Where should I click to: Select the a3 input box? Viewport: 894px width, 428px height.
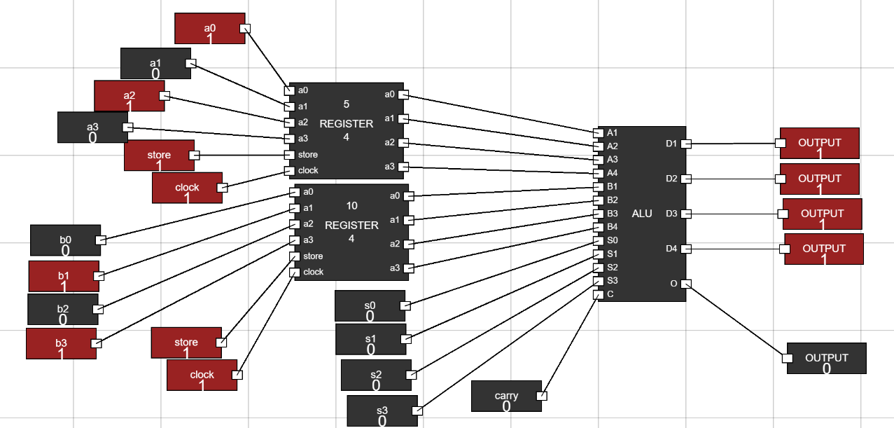point(92,127)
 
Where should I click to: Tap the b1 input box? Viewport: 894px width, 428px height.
point(64,276)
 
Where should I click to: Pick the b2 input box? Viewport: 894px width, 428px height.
point(63,309)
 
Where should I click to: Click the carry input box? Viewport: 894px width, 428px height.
point(506,396)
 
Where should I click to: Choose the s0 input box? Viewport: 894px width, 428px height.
point(370,305)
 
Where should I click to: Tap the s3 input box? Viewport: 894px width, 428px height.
point(382,410)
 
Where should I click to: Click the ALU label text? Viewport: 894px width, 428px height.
point(642,214)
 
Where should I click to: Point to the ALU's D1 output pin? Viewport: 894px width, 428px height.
point(687,144)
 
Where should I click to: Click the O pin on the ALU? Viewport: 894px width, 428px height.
point(687,284)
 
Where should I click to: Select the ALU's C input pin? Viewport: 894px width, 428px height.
point(598,294)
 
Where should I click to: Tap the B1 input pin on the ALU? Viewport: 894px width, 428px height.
point(598,187)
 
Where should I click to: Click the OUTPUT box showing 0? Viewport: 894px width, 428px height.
point(826,358)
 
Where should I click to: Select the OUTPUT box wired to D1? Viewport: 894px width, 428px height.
point(819,143)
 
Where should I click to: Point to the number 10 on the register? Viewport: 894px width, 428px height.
point(352,206)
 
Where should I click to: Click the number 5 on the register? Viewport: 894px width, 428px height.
point(347,104)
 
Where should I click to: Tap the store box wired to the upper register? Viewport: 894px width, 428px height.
point(159,156)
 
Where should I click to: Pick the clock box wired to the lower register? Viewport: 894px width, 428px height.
point(202,375)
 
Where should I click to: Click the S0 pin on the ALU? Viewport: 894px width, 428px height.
point(598,240)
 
